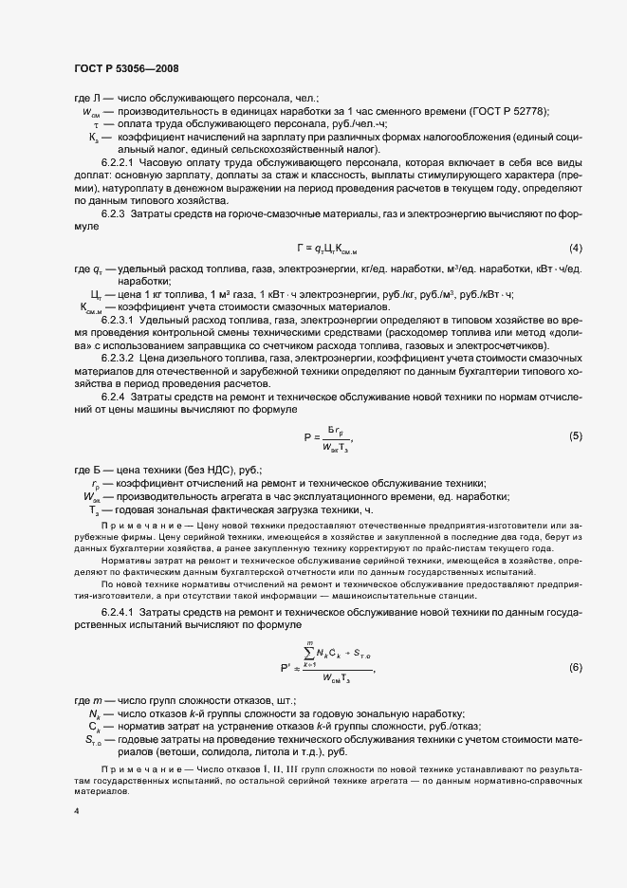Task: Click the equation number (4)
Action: [x=575, y=248]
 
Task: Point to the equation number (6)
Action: [x=575, y=668]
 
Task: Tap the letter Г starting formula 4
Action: [x=300, y=249]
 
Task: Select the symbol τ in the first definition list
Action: [x=96, y=123]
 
